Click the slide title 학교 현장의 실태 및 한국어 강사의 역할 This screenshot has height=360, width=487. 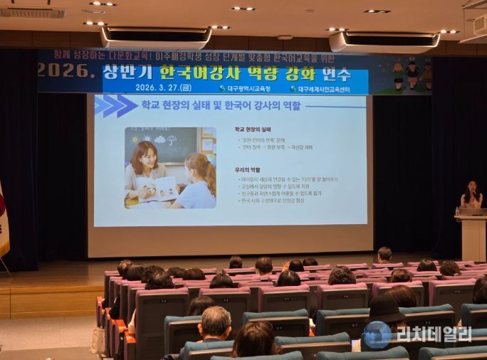click(221, 106)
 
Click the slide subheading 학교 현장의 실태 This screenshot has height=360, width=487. click(253, 129)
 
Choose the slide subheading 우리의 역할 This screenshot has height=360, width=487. click(248, 170)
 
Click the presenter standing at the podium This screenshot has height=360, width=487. click(471, 195)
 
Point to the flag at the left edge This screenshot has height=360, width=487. click(3, 221)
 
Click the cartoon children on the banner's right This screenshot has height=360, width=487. click(411, 73)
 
